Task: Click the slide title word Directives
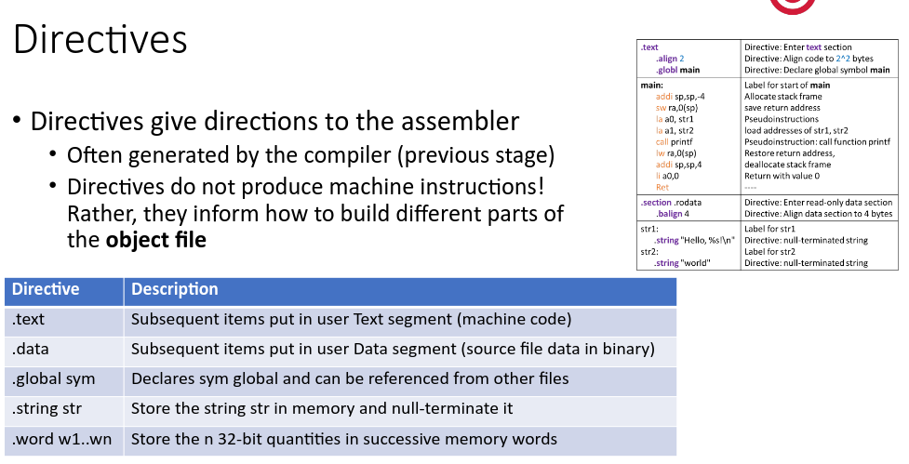(100, 41)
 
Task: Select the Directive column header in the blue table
(46, 289)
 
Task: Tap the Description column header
(175, 289)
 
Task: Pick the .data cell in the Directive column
(30, 350)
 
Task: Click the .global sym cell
(54, 379)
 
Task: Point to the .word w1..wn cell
(61, 439)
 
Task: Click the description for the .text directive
(351, 320)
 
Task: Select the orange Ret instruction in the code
(662, 188)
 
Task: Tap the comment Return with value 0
(782, 176)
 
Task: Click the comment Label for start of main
(787, 86)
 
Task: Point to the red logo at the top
(793, 6)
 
